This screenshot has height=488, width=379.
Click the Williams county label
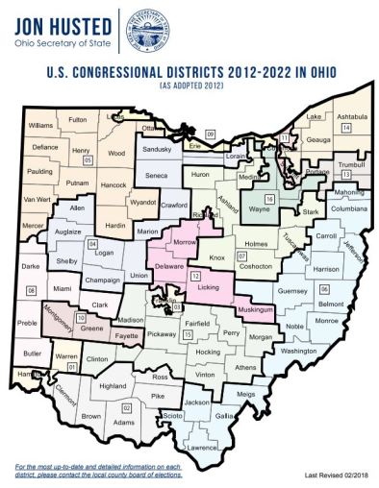click(x=40, y=126)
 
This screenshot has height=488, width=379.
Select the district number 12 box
click(x=195, y=275)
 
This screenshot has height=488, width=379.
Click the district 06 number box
click(x=324, y=288)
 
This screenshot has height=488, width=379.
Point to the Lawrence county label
click(x=203, y=448)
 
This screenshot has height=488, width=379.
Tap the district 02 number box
click(x=125, y=407)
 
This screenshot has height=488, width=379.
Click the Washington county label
click(x=298, y=352)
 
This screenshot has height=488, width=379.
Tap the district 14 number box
click(x=345, y=128)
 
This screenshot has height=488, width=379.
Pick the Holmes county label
click(x=256, y=243)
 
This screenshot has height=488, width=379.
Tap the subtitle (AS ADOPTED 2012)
click(x=189, y=86)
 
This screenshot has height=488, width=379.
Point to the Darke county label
click(x=32, y=266)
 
